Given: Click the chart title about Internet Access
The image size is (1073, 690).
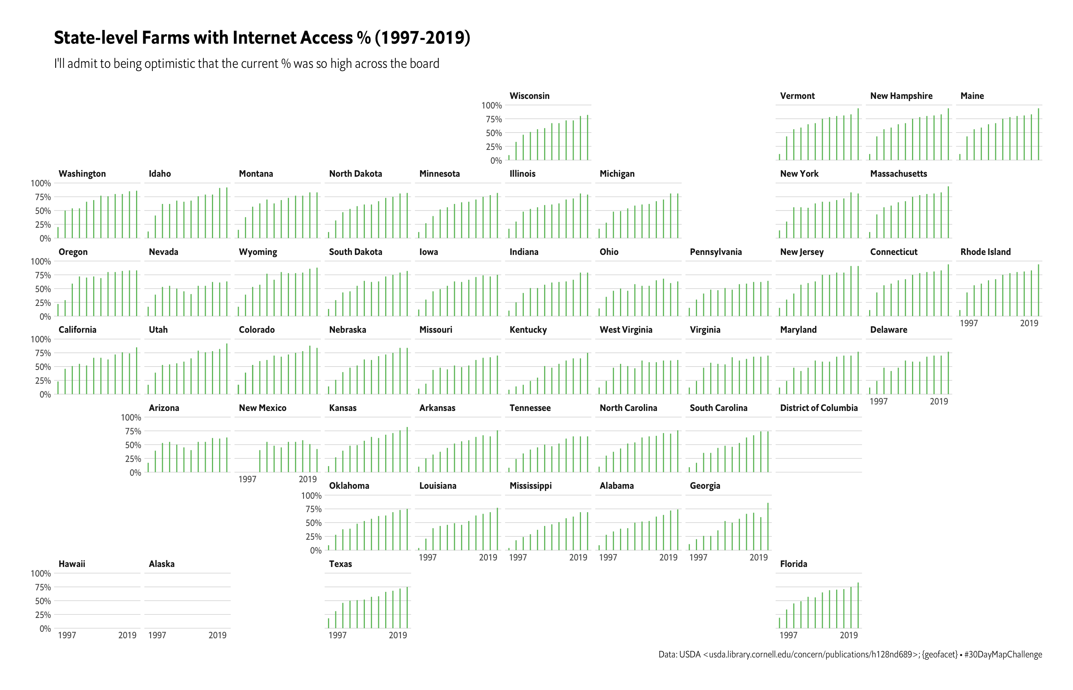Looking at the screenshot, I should (x=262, y=38).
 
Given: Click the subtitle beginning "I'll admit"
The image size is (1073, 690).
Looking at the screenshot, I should (x=246, y=64).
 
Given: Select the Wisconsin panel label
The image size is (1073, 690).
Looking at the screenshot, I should (x=529, y=96).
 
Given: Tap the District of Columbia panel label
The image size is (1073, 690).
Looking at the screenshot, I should (x=819, y=408).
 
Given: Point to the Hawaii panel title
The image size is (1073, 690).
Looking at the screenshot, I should (x=72, y=563).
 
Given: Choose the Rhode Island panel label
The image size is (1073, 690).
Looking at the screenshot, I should (x=985, y=252).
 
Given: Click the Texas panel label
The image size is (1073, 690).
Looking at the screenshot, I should (x=340, y=563).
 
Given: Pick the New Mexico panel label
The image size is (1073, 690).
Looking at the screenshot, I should (x=263, y=408).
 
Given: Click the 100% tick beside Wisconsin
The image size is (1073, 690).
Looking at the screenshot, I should (x=491, y=106).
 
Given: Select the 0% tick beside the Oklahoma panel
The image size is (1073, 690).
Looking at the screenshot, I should (x=316, y=550).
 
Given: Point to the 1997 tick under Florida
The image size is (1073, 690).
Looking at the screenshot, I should (x=788, y=635).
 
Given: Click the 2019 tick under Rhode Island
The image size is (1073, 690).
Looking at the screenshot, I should (x=1029, y=323).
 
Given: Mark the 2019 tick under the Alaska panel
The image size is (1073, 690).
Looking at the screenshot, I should (x=217, y=635).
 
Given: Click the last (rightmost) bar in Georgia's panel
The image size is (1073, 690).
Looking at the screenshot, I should (x=768, y=526).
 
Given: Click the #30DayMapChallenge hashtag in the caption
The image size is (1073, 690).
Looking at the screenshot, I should (x=1003, y=655).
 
